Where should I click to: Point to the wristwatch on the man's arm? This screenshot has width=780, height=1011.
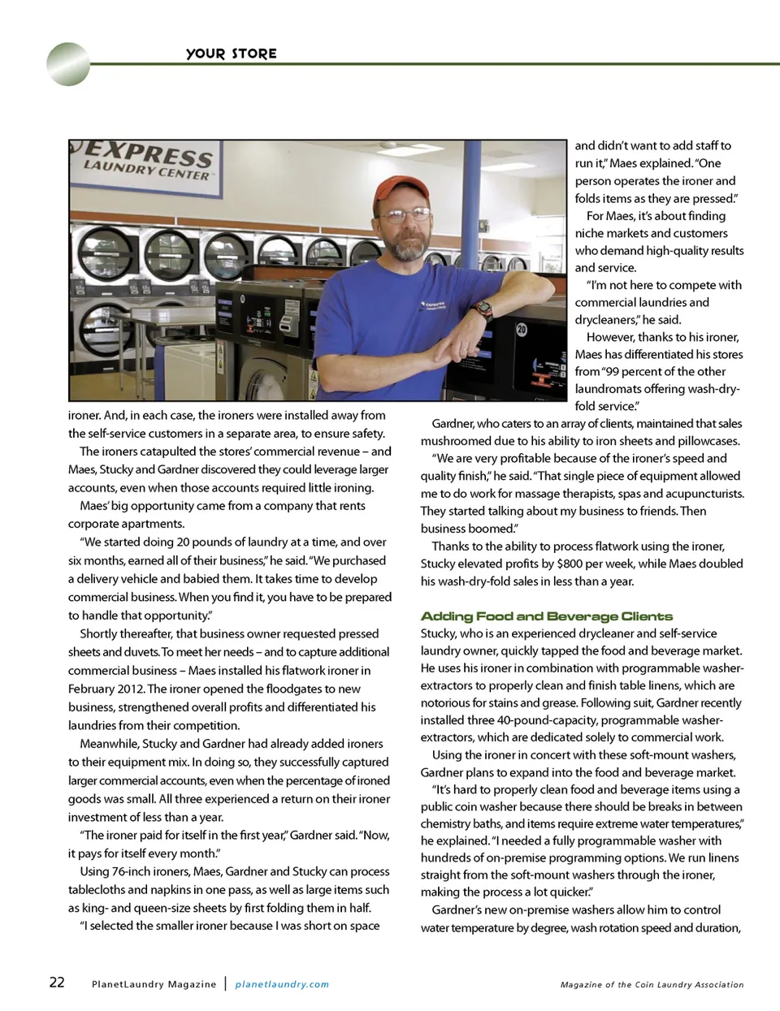click(x=484, y=309)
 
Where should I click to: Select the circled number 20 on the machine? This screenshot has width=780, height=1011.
click(x=522, y=330)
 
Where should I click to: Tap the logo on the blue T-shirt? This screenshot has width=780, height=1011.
click(x=432, y=306)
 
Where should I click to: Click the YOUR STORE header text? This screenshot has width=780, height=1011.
click(x=232, y=54)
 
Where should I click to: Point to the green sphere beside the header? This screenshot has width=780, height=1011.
click(x=68, y=64)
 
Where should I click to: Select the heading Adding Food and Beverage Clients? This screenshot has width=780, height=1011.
click(x=547, y=616)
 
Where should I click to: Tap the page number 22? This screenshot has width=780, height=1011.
click(x=57, y=982)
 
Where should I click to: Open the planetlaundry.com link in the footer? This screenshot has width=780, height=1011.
click(x=282, y=984)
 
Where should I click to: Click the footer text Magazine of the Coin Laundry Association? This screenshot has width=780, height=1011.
click(x=652, y=984)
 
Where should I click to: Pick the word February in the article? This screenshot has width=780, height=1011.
click(x=93, y=689)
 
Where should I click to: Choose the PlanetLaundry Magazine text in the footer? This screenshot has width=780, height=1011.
click(x=154, y=984)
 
